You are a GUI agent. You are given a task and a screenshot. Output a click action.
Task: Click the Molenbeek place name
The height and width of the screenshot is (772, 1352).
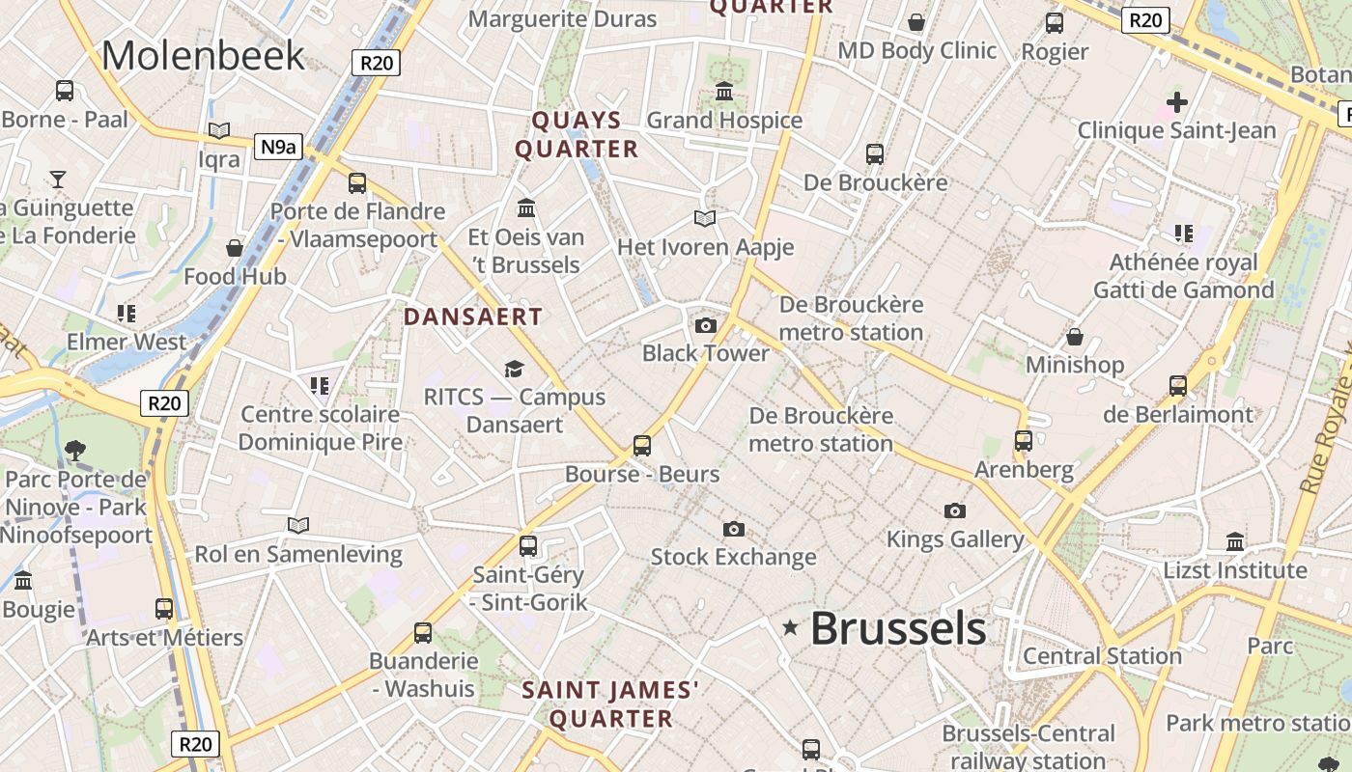pyautogui.click(x=203, y=55)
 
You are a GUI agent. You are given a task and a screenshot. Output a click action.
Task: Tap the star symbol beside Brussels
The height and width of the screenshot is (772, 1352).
pyautogui.click(x=790, y=628)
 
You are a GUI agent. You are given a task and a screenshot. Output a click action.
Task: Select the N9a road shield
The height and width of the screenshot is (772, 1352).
pyautogui.click(x=278, y=147)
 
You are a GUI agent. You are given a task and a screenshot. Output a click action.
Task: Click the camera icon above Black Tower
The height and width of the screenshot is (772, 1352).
pyautogui.click(x=706, y=325)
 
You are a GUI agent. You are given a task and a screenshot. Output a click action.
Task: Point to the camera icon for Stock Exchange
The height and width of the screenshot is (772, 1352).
pyautogui.click(x=734, y=529)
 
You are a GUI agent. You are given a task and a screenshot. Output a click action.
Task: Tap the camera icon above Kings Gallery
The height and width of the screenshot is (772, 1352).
pyautogui.click(x=955, y=510)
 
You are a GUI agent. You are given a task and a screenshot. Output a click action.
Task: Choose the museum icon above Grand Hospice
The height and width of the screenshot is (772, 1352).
pyautogui.click(x=724, y=92)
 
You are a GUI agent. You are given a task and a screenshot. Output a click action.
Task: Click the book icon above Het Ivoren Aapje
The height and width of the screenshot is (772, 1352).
pyautogui.click(x=705, y=219)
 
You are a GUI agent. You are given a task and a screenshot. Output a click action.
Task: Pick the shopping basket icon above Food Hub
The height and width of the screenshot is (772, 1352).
pyautogui.click(x=235, y=248)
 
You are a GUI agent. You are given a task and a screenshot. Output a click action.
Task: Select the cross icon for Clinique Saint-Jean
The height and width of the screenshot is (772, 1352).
pyautogui.click(x=1176, y=101)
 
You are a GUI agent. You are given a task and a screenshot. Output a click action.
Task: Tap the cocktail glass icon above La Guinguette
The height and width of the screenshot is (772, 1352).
pyautogui.click(x=58, y=179)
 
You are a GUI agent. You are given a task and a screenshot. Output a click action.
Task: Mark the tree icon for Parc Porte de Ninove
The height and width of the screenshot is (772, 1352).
pyautogui.click(x=74, y=450)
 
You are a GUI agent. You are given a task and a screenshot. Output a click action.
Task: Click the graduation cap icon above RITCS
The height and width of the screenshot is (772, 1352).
pyautogui.click(x=514, y=369)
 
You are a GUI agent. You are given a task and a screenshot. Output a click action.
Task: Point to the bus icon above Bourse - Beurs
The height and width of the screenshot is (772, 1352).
pyautogui.click(x=642, y=446)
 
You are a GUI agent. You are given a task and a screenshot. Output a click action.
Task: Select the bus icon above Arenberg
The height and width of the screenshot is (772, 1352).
pyautogui.click(x=1024, y=441)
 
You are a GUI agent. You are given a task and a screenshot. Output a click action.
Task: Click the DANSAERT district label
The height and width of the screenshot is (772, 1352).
pyautogui.click(x=473, y=317)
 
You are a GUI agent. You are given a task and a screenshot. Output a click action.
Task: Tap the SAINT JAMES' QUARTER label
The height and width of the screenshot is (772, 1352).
pyautogui.click(x=610, y=704)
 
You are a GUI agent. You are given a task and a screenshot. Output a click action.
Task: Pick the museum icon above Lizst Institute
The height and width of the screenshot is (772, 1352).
pyautogui.click(x=1235, y=541)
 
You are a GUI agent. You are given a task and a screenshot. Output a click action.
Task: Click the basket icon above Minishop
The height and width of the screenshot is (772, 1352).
pyautogui.click(x=1074, y=337)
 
